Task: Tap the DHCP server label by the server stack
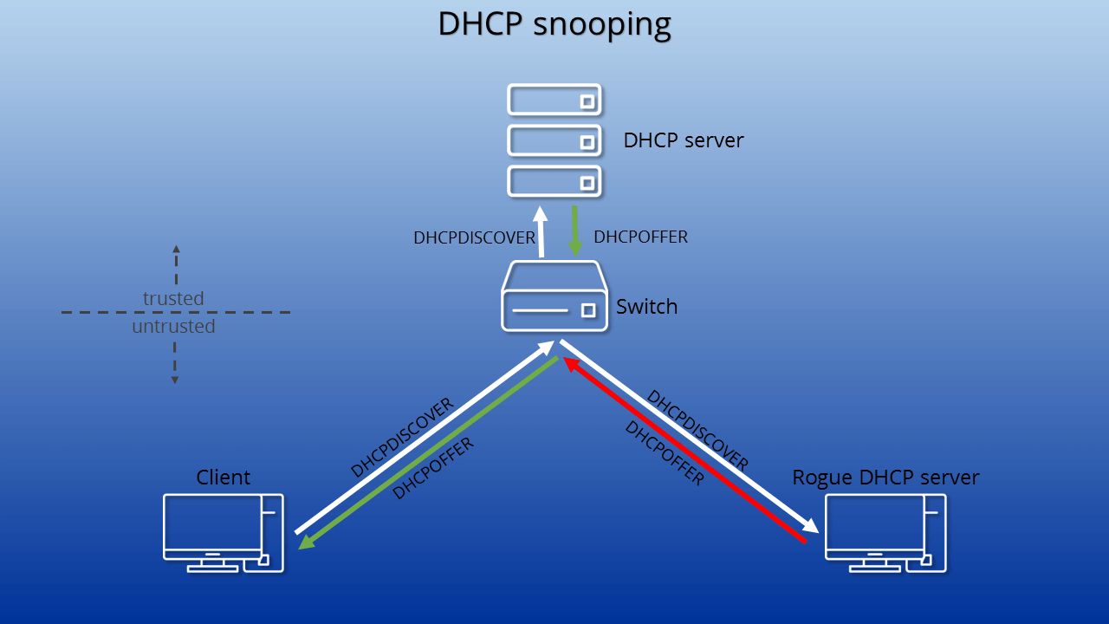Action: pyautogui.click(x=684, y=140)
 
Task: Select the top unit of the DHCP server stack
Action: pyautogui.click(x=554, y=100)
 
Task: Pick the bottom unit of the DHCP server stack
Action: pyautogui.click(x=554, y=182)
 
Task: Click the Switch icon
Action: pyautogui.click(x=554, y=296)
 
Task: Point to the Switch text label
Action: pyautogui.click(x=646, y=307)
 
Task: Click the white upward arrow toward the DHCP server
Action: pyautogui.click(x=541, y=231)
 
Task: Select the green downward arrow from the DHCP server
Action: pyautogui.click(x=574, y=231)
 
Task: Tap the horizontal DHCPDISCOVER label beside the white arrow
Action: pyautogui.click(x=474, y=237)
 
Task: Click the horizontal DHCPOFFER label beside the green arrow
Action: pyautogui.click(x=640, y=237)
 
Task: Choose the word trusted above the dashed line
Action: pyautogui.click(x=173, y=299)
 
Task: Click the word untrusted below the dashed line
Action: pyautogui.click(x=173, y=327)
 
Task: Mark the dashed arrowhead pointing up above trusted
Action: pyautogui.click(x=176, y=249)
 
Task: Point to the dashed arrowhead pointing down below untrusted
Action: pyautogui.click(x=175, y=380)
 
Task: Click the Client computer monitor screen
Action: pyautogui.click(x=212, y=523)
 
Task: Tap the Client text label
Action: pyautogui.click(x=224, y=478)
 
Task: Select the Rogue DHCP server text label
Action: pyautogui.click(x=885, y=478)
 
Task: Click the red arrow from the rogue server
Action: pyautogui.click(x=684, y=450)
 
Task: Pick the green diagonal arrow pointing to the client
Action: pyautogui.click(x=428, y=453)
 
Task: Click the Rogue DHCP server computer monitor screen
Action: pyautogui.click(x=874, y=523)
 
